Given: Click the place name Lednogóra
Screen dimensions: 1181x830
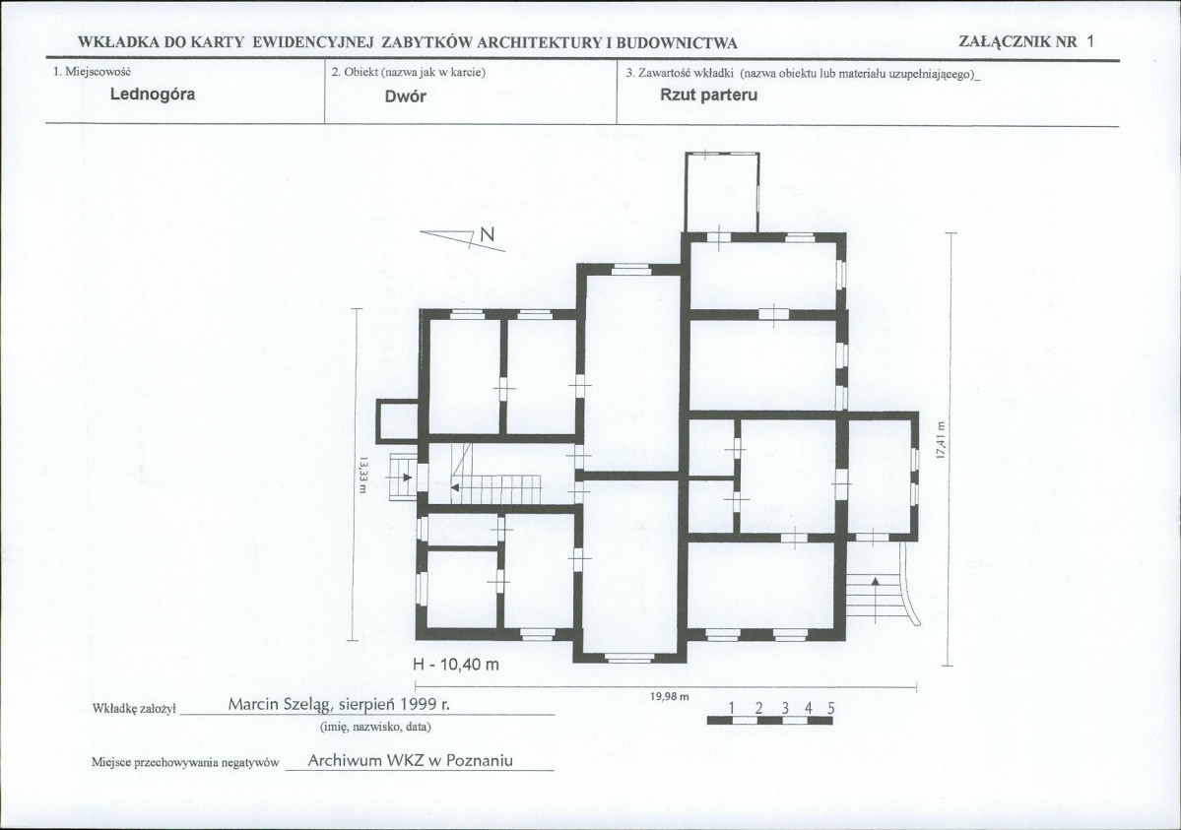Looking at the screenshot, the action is click(152, 95).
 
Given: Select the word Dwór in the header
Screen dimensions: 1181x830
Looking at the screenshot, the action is click(405, 96).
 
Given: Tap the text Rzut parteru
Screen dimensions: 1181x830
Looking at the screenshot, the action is click(709, 95).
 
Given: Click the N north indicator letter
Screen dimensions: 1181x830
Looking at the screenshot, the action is click(488, 234).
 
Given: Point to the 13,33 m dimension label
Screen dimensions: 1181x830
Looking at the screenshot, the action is click(362, 477).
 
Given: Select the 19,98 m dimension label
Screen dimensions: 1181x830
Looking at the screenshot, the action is click(670, 697).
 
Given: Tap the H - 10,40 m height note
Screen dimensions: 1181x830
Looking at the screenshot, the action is click(456, 665).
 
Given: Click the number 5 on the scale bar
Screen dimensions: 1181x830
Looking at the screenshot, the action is click(830, 708).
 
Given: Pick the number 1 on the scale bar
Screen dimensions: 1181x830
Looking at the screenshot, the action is click(732, 708).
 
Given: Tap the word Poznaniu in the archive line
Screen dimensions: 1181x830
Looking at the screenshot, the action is click(479, 760).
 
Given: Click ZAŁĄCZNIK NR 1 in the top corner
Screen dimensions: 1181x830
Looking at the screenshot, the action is click(1025, 41).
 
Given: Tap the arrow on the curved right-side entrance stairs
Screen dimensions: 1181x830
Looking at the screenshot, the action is click(876, 599).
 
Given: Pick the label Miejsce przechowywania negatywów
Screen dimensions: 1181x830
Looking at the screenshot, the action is click(185, 762).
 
